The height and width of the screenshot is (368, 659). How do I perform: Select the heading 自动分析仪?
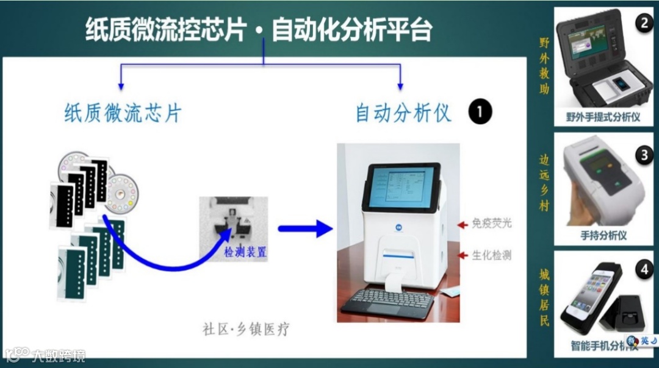tap(403, 113)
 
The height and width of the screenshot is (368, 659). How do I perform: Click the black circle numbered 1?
tap(480, 113)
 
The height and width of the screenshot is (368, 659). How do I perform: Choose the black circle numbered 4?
tap(643, 267)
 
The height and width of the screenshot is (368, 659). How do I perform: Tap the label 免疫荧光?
tap(492, 224)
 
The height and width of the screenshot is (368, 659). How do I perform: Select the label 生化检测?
tap(492, 255)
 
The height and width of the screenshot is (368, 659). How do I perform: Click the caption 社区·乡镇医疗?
tap(246, 330)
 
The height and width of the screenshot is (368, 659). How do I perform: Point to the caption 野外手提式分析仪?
tap(603, 116)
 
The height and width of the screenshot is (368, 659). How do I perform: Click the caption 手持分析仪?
tap(603, 235)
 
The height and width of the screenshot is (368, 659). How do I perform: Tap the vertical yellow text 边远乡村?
tap(544, 182)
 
